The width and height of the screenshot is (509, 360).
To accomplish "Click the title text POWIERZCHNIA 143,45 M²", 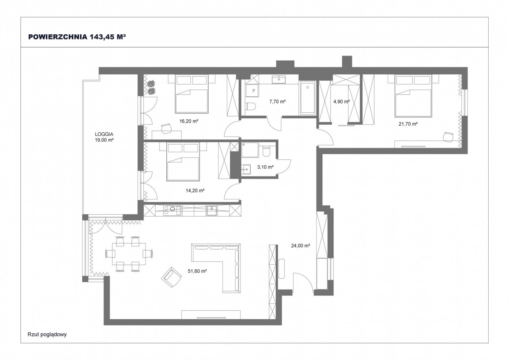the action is pyautogui.click(x=77, y=37).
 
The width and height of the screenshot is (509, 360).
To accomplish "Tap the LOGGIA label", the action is pyautogui.click(x=104, y=134).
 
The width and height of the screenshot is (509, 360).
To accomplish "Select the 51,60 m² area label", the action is pyautogui.click(x=197, y=271).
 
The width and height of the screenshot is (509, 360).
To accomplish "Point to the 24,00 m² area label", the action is pyautogui.click(x=301, y=246).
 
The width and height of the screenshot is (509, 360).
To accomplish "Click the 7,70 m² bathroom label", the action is pyautogui.click(x=277, y=101).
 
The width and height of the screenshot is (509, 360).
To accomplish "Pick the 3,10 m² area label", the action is pyautogui.click(x=265, y=167).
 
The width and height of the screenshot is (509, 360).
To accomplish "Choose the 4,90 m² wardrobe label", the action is pyautogui.click(x=341, y=101).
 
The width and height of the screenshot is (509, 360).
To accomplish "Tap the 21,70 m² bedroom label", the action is pyautogui.click(x=408, y=124).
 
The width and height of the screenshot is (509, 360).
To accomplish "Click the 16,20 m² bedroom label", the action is pyautogui.click(x=189, y=121).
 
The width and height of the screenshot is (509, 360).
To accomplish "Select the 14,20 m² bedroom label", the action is pyautogui.click(x=195, y=190).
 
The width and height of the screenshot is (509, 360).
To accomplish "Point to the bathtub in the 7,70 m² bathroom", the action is pyautogui.click(x=307, y=98).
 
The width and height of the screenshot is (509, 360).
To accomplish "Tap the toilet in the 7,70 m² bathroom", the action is pyautogui.click(x=250, y=106).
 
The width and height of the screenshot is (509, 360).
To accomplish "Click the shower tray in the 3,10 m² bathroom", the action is pyautogui.click(x=250, y=150).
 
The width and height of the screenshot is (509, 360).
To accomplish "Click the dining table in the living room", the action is pyautogui.click(x=129, y=254).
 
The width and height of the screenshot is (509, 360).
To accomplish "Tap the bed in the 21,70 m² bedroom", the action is pyautogui.click(x=413, y=96).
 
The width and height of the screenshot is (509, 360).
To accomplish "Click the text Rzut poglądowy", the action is pyautogui.click(x=47, y=334).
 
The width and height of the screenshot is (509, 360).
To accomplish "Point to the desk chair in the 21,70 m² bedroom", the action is pyautogui.click(x=448, y=137).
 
